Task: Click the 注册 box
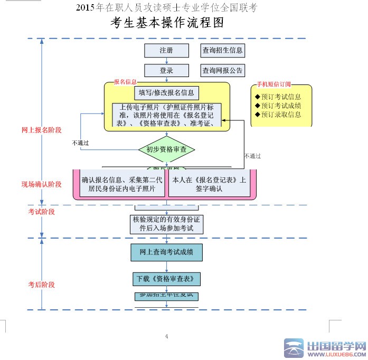pyautogui.click(x=166, y=51)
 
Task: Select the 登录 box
pyautogui.click(x=166, y=71)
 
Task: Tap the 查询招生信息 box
pyautogui.click(x=222, y=51)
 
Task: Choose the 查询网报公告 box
pyautogui.click(x=222, y=71)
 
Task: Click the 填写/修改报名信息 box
pyautogui.click(x=166, y=93)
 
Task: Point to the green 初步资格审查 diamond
pyautogui.click(x=167, y=150)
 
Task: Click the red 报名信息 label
pyautogui.click(x=125, y=82)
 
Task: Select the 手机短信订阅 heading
pyautogui.click(x=273, y=85)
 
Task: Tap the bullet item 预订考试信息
pyautogui.click(x=278, y=97)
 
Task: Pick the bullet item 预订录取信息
pyautogui.click(x=278, y=115)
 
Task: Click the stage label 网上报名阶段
pyautogui.click(x=42, y=130)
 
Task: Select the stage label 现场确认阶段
pyautogui.click(x=42, y=184)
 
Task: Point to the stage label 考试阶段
pyautogui.click(x=42, y=212)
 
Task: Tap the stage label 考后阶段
pyautogui.click(x=42, y=285)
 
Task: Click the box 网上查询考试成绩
pyautogui.click(x=166, y=253)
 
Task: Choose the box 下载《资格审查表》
pyautogui.click(x=166, y=279)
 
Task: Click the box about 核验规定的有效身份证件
pyautogui.click(x=166, y=224)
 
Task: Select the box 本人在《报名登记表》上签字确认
pyautogui.click(x=209, y=184)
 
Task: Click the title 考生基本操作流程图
pyautogui.click(x=167, y=23)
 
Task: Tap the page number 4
pyautogui.click(x=166, y=336)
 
